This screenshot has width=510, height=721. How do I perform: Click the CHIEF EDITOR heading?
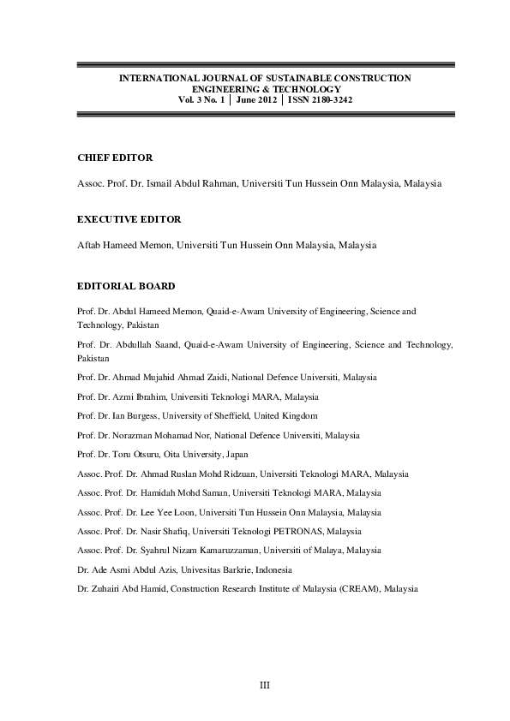point(103,158)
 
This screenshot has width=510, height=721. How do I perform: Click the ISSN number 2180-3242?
point(331,99)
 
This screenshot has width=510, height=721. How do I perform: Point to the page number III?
point(265,684)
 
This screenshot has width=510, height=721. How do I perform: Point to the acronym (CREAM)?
point(361,589)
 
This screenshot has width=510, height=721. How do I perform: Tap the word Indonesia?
point(272,569)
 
